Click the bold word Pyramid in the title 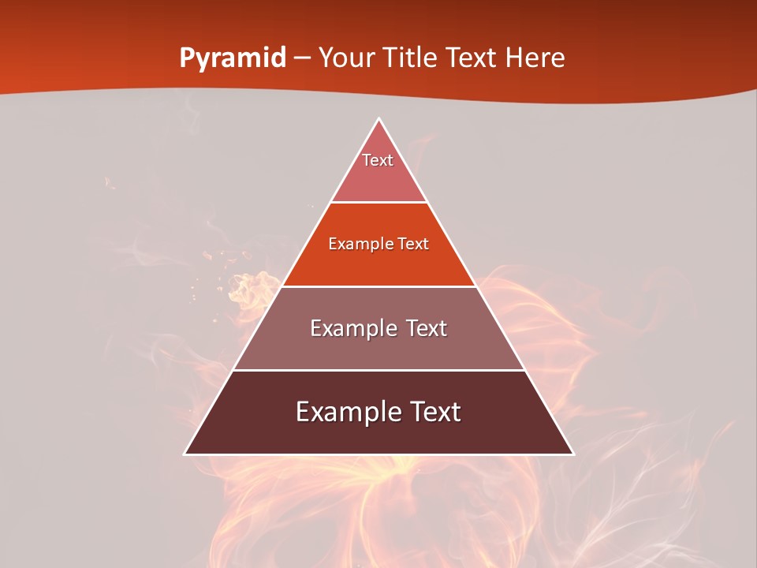click(232, 58)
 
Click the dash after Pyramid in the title click(302, 58)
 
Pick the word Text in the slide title click(472, 58)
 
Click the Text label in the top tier click(378, 160)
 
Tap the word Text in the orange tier click(414, 244)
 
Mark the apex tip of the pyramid click(378, 119)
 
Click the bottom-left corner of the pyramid click(185, 454)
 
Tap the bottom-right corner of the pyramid click(572, 454)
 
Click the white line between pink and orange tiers click(378, 203)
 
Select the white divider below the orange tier click(378, 286)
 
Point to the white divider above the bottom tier click(378, 370)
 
